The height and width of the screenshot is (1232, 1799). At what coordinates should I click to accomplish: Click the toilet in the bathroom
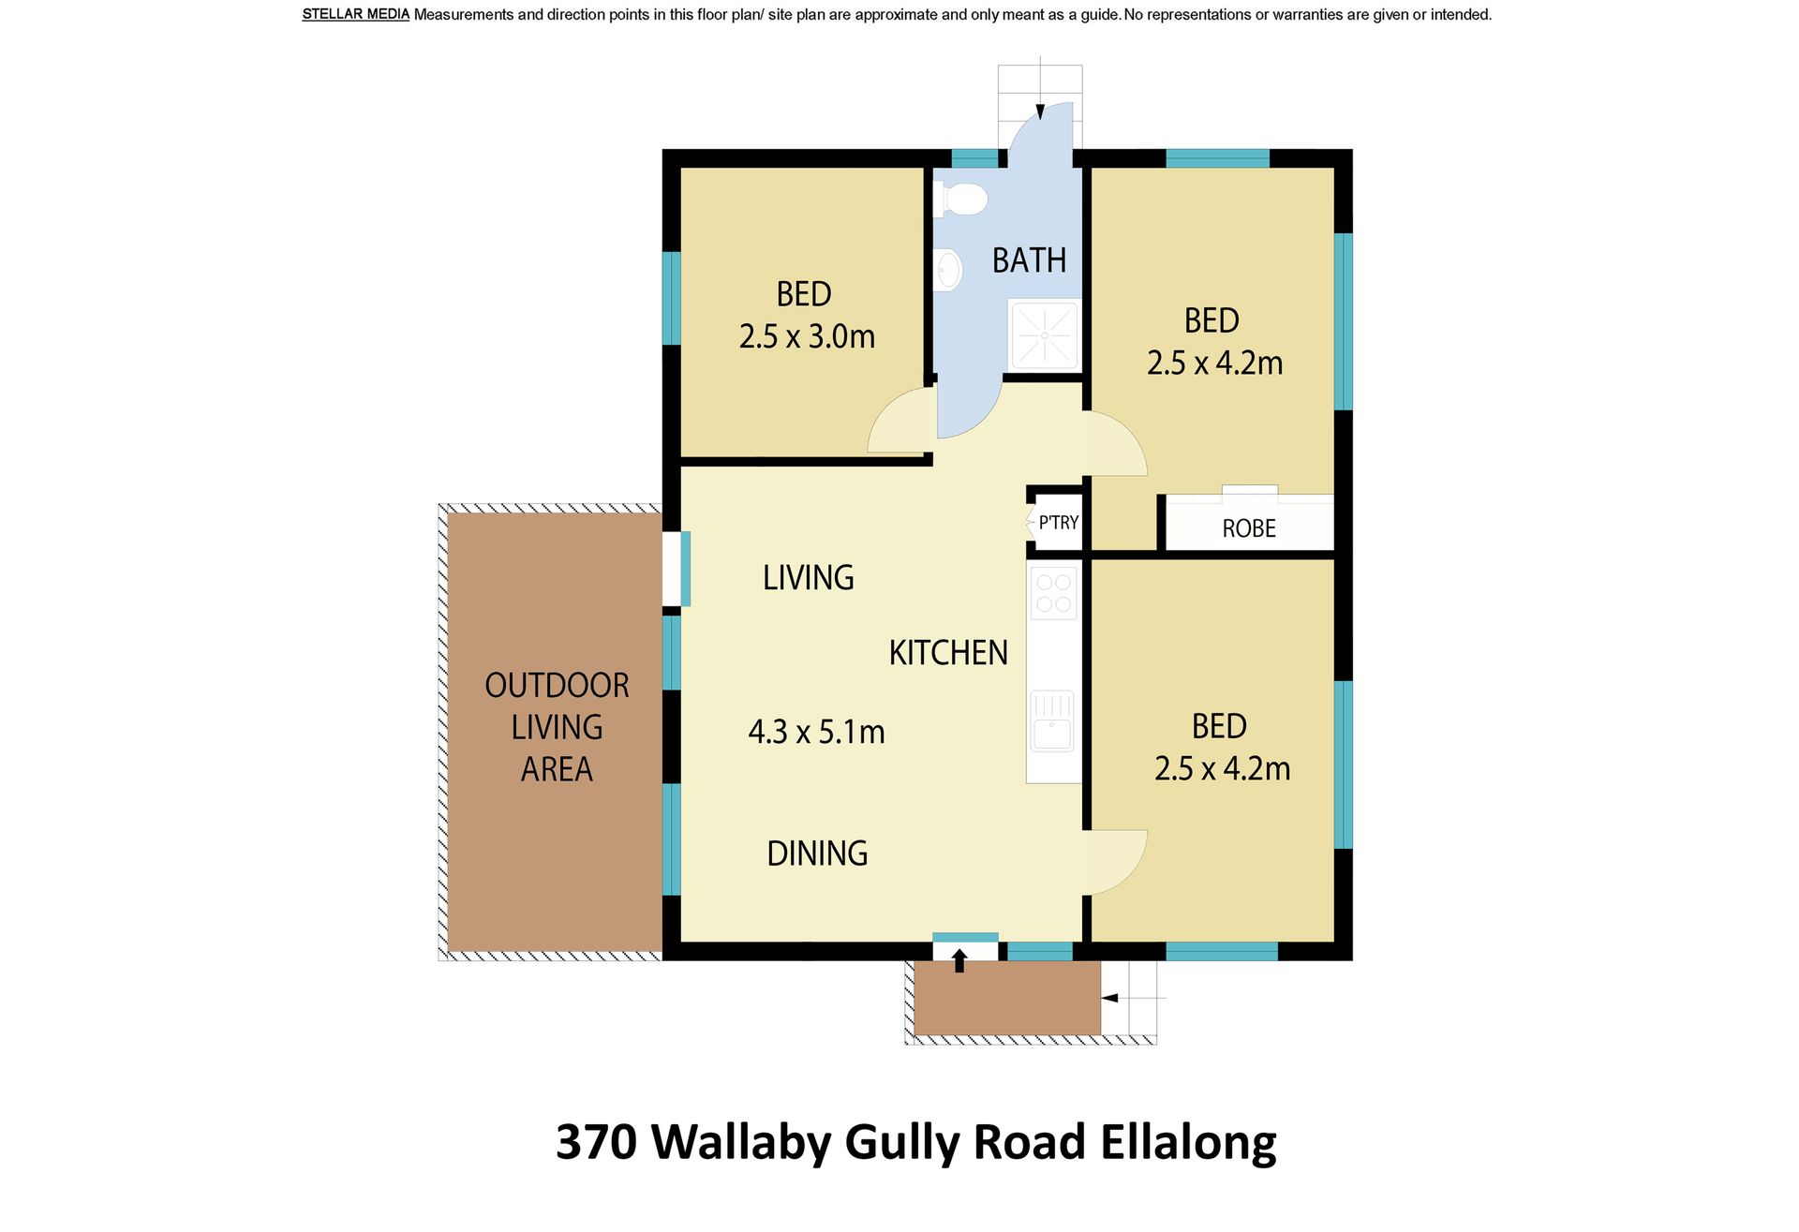click(x=960, y=200)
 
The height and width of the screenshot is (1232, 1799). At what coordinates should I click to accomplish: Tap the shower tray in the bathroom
click(x=1044, y=334)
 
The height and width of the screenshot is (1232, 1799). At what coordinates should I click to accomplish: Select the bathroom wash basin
click(x=948, y=270)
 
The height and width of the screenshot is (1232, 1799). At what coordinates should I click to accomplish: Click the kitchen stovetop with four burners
click(x=1053, y=594)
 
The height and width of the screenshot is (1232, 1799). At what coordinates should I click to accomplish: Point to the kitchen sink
click(x=1052, y=721)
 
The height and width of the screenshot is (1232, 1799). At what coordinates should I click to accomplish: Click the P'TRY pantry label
click(x=1059, y=523)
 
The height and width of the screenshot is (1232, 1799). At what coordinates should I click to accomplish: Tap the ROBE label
click(x=1249, y=528)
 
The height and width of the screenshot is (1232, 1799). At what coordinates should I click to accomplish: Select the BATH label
click(x=1029, y=260)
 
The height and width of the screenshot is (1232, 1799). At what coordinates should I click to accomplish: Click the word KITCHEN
click(x=948, y=652)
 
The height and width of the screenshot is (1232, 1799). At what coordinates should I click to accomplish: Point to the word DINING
click(x=817, y=853)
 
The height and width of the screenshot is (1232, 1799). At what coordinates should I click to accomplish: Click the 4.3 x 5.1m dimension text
click(x=816, y=731)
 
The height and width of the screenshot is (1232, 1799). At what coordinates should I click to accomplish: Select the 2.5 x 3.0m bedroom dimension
click(x=807, y=335)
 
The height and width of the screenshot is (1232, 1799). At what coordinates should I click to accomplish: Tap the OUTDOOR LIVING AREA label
click(x=557, y=727)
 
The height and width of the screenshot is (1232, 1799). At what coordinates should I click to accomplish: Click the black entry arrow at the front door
click(x=959, y=960)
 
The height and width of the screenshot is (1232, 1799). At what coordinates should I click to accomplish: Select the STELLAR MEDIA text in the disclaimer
click(x=356, y=14)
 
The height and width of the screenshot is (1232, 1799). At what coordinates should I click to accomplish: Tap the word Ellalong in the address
click(x=1188, y=1144)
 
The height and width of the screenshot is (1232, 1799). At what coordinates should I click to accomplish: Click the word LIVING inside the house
click(x=808, y=577)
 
